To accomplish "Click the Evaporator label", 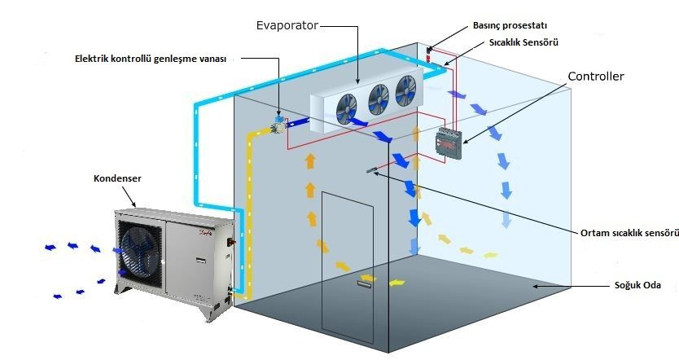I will [286, 26].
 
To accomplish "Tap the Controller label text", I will [596, 77].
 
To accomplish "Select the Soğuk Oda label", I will [636, 287].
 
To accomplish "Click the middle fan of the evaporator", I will [377, 98].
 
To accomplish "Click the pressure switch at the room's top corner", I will [429, 54].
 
